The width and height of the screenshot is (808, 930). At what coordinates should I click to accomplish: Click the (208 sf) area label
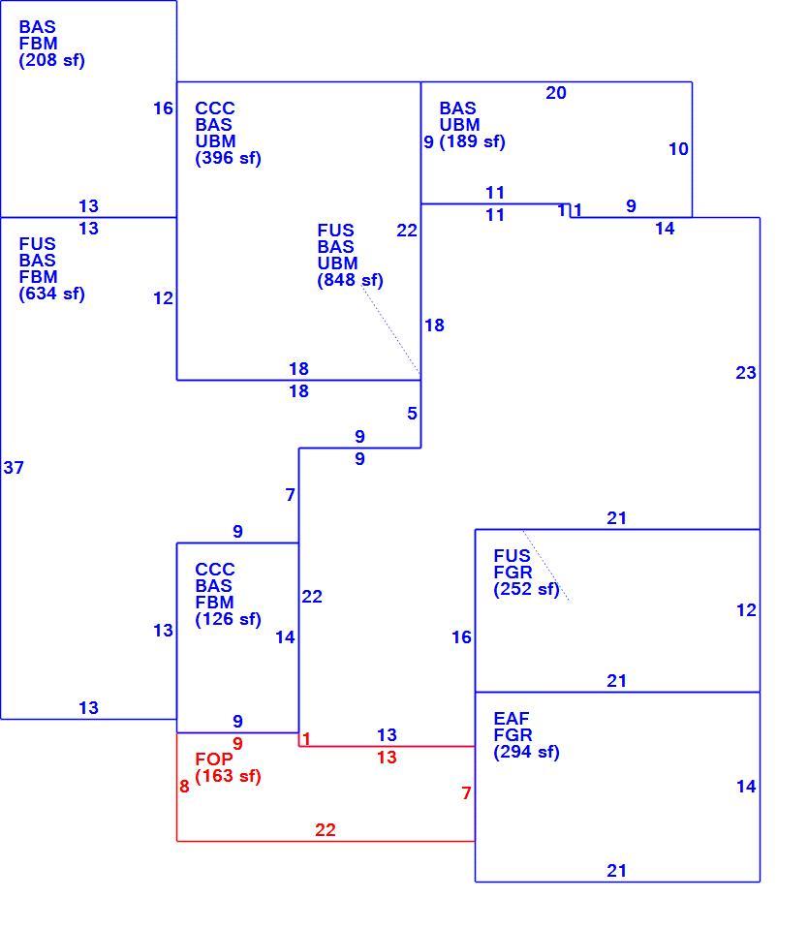[52, 60]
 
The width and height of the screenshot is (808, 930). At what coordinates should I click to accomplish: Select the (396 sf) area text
[229, 158]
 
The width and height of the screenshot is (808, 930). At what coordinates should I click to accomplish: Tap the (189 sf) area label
[472, 141]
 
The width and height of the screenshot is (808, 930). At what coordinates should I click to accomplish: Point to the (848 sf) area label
[351, 280]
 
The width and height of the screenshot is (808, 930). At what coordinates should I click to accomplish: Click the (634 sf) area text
[52, 294]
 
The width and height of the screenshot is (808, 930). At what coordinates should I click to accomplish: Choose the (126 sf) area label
[229, 619]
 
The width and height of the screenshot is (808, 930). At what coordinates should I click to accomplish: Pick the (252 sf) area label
[527, 589]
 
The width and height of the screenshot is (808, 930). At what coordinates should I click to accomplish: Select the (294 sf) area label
[527, 752]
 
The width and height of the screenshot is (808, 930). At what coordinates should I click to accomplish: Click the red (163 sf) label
[229, 776]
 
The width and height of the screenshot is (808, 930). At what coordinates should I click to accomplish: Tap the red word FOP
[214, 759]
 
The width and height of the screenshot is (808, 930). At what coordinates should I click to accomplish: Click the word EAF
[512, 719]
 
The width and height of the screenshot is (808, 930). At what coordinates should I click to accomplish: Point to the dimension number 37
[14, 468]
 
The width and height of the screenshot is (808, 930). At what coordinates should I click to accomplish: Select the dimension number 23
[746, 373]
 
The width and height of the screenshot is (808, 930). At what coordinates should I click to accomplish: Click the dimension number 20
[556, 93]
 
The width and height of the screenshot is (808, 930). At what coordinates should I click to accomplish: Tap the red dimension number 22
[326, 830]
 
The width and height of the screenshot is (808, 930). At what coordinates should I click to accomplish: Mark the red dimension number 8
[184, 787]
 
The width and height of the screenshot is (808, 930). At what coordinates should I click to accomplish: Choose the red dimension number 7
[466, 793]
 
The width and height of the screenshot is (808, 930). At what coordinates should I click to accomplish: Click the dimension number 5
[413, 414]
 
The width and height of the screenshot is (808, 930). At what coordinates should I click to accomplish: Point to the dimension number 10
[679, 149]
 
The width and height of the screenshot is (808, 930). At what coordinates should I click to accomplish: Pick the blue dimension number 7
[290, 495]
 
